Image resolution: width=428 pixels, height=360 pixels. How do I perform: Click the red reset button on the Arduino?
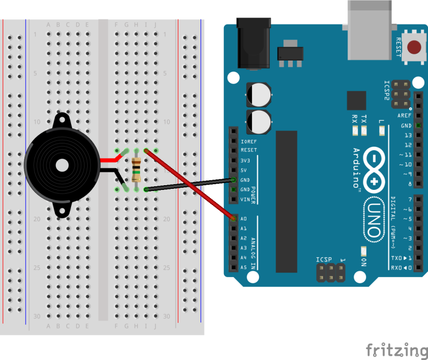pos(415,47)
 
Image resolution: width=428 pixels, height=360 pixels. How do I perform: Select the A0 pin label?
pos(243,219)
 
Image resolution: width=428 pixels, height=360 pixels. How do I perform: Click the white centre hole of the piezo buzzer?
pos(62,165)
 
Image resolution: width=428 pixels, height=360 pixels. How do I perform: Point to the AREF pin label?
pos(404,116)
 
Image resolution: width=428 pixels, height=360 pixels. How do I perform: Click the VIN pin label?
pos(246,199)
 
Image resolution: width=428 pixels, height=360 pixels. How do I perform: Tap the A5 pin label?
pos(243,268)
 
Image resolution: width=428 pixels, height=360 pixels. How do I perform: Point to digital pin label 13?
pos(408,135)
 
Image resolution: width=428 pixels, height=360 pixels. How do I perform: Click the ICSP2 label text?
pos(387,90)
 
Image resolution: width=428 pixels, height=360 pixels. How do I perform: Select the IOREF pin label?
pos(248,141)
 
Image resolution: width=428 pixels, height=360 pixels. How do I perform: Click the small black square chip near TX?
pos(356,100)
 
